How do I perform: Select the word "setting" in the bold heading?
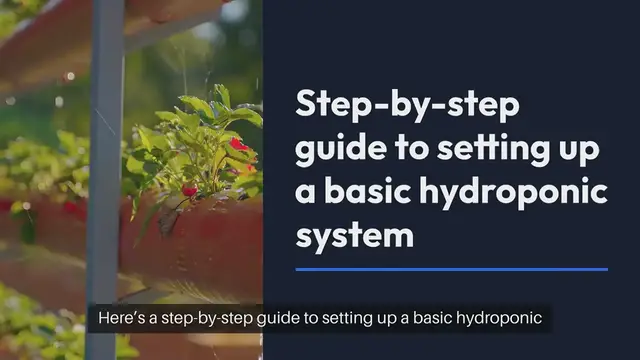click(479, 149)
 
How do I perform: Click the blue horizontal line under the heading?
click(452, 269)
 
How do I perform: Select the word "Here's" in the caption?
click(123, 319)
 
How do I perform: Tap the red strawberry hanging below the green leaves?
click(189, 191)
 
